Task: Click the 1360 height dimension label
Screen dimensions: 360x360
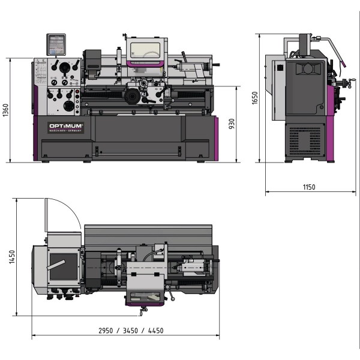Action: point(5,110)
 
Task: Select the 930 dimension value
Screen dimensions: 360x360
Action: point(231,124)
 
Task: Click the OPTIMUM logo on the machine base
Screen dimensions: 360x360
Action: point(66,127)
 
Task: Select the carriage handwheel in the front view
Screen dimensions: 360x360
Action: point(132,96)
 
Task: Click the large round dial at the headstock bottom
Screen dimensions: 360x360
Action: point(69,107)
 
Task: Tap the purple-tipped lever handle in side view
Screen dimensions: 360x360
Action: point(343,63)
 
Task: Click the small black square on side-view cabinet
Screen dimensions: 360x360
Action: point(278,68)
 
